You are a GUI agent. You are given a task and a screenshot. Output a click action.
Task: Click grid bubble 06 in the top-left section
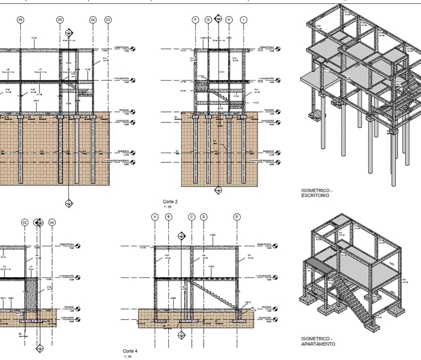click(x=21, y=20)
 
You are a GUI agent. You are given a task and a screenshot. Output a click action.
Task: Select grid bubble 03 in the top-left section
click(x=108, y=20)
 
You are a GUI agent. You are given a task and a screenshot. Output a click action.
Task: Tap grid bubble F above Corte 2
click(x=195, y=20)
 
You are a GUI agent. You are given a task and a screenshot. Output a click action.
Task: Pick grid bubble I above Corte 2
click(x=243, y=20)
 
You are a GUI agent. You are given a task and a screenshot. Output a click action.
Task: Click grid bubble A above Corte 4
click(x=155, y=217)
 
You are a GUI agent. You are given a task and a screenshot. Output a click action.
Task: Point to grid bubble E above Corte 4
click(x=237, y=217)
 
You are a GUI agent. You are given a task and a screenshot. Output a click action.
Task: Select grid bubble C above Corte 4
click(x=192, y=217)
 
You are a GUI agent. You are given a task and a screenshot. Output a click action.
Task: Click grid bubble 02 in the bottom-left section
click(x=25, y=222)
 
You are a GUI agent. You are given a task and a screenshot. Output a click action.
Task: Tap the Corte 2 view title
click(x=169, y=202)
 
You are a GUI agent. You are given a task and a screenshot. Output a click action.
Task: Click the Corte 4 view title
click(x=130, y=351)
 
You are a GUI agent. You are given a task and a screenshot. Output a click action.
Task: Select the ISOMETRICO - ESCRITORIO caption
click(x=316, y=193)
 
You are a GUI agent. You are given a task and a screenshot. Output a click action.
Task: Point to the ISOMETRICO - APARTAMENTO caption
click(x=318, y=341)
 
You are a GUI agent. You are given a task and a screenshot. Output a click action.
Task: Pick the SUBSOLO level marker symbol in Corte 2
click(x=280, y=153)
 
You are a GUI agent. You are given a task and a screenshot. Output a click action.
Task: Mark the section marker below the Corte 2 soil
click(x=218, y=190)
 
